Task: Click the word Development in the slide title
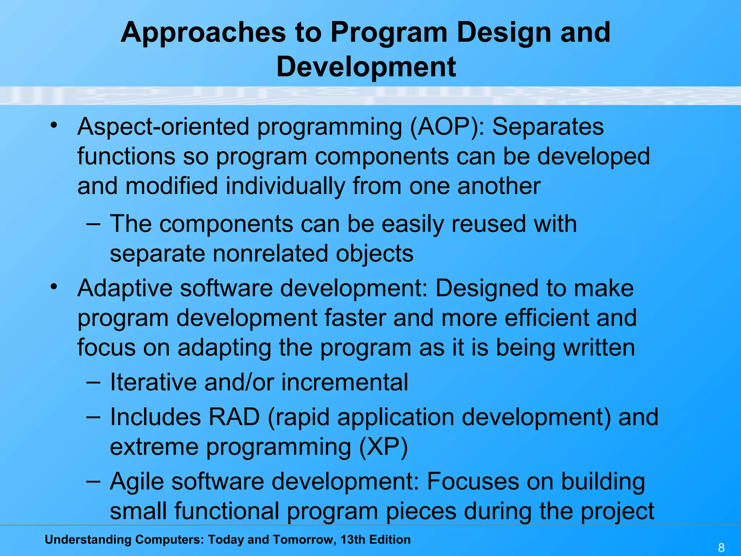366,67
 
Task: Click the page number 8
721,548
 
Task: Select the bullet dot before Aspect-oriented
54,126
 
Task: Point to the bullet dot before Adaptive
54,287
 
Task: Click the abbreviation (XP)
384,447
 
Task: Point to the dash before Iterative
93,382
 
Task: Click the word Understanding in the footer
87,540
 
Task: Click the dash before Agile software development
93,481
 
